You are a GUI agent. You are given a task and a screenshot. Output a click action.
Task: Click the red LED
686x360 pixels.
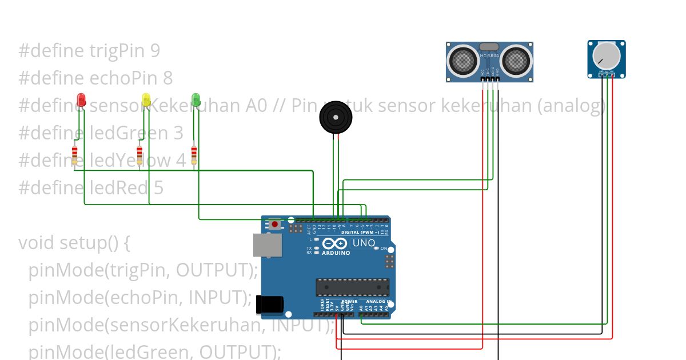[x=81, y=100]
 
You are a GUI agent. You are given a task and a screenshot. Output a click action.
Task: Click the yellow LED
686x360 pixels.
[x=146, y=100]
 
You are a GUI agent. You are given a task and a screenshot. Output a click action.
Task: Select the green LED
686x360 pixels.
[x=196, y=100]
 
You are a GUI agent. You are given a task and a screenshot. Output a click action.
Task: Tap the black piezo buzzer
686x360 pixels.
[x=336, y=119]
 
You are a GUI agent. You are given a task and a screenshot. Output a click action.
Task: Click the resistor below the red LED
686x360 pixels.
[x=75, y=155]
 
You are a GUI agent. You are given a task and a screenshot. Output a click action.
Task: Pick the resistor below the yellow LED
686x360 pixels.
[x=139, y=155]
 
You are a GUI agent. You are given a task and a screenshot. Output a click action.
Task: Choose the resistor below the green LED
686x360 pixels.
[x=194, y=155]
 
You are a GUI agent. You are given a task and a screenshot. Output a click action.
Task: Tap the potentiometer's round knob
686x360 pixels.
[x=605, y=55]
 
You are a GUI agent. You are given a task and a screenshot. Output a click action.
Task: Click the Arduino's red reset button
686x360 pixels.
[x=275, y=224]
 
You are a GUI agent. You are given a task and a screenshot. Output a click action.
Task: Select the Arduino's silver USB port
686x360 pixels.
[x=267, y=245]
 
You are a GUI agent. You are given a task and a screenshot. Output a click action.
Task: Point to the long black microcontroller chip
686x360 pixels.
[x=353, y=287]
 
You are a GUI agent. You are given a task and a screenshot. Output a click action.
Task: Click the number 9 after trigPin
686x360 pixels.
[x=155, y=51]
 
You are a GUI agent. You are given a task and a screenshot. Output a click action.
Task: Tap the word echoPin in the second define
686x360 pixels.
[x=123, y=78]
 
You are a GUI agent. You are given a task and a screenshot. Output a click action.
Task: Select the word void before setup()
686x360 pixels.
[x=36, y=243]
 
